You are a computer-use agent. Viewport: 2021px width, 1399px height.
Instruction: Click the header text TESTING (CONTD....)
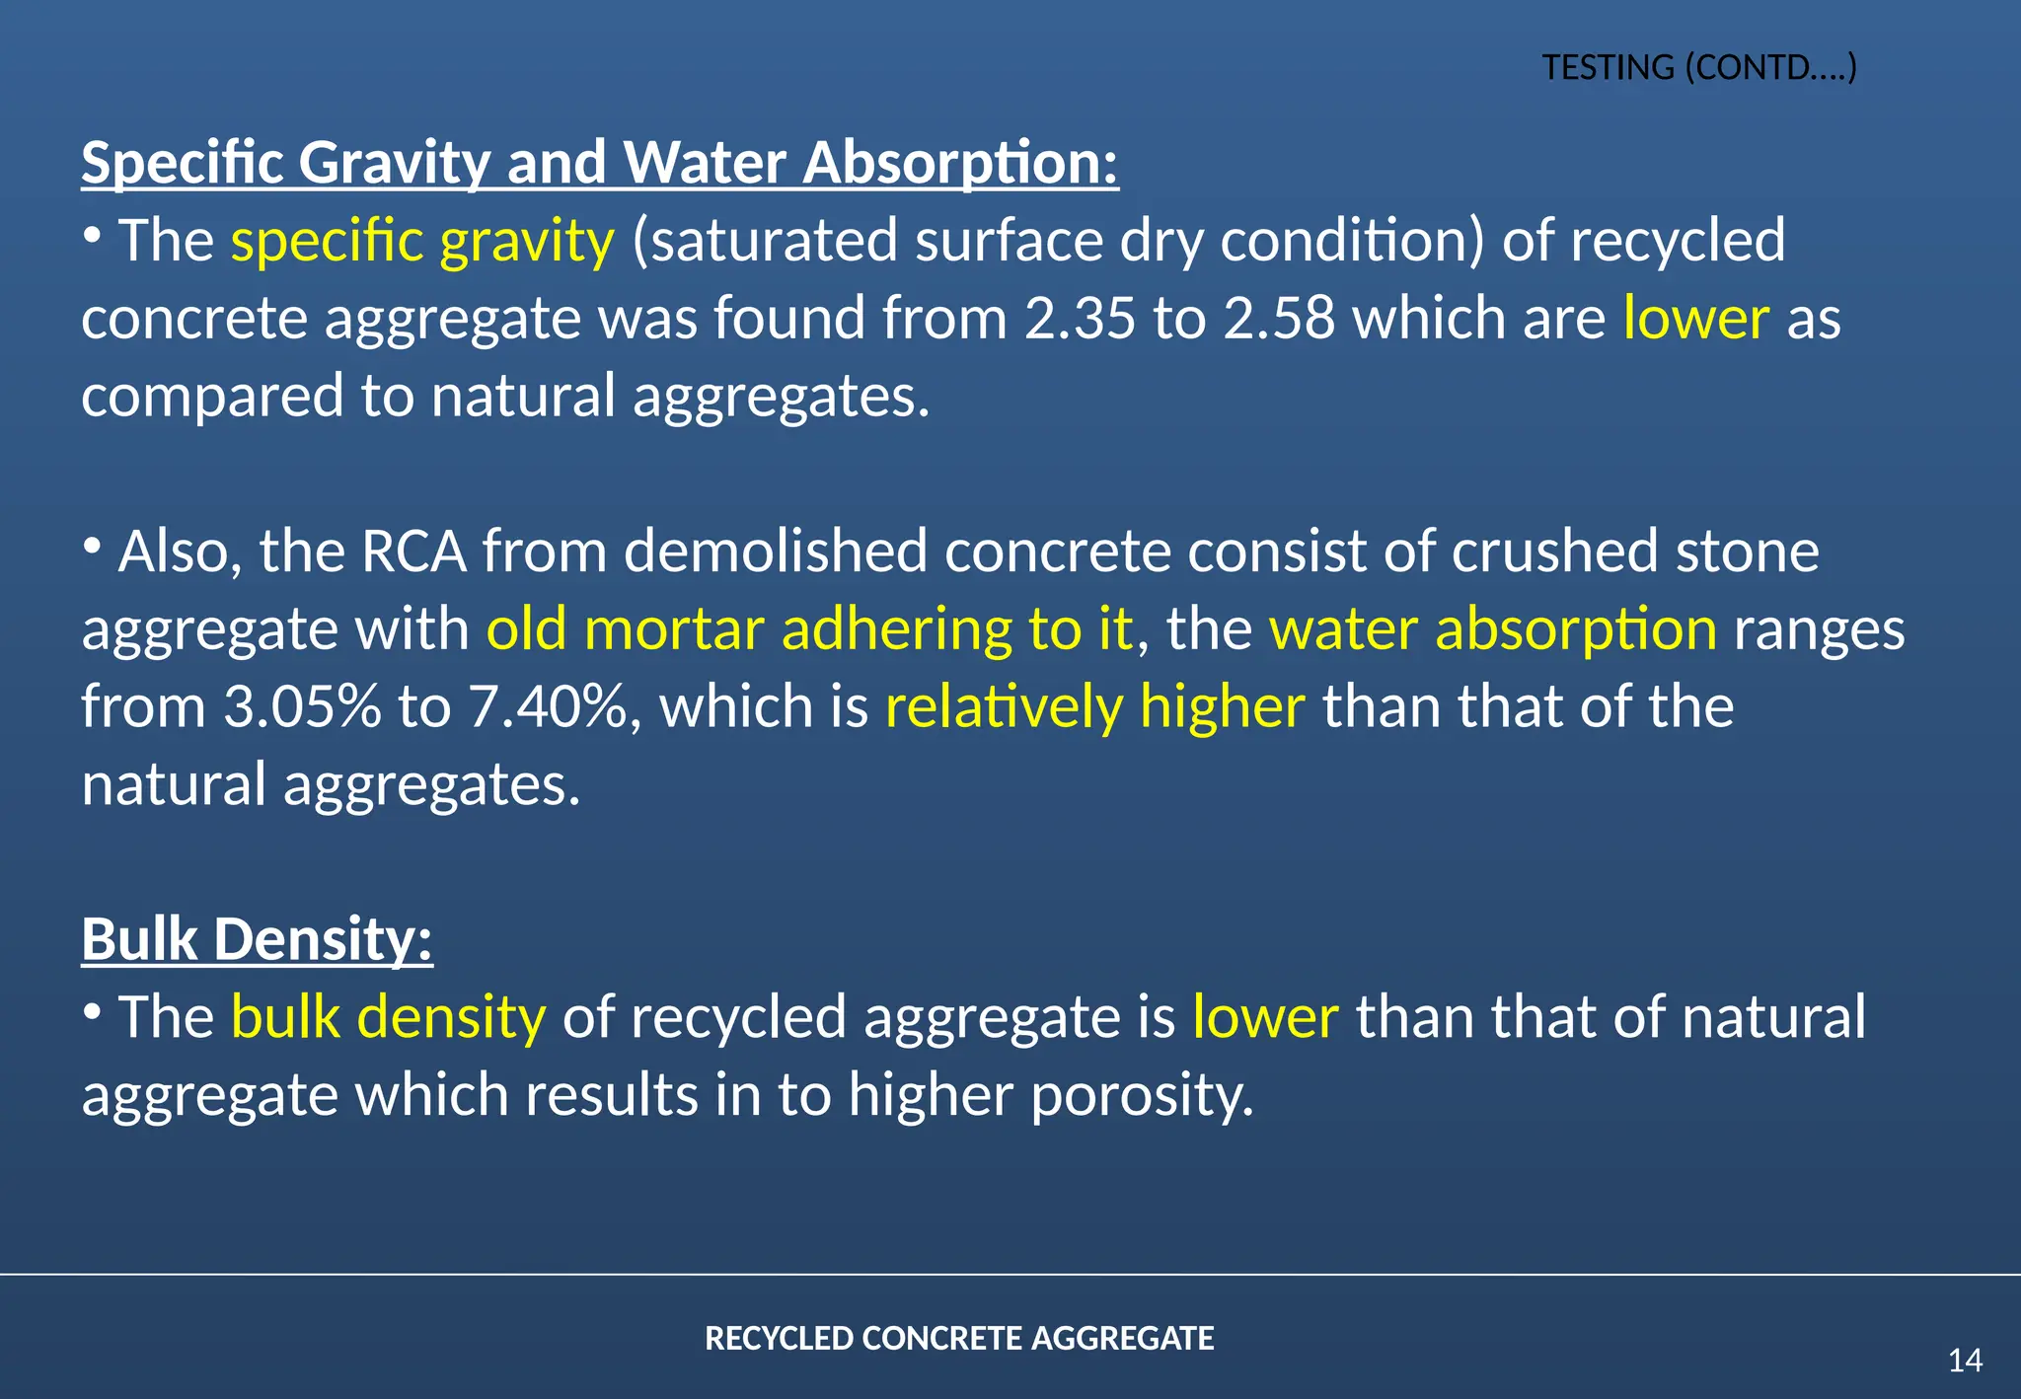click(1699, 68)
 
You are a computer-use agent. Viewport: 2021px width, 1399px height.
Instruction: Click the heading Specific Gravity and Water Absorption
click(599, 162)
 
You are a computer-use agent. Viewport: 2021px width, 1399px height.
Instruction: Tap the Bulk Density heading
click(257, 938)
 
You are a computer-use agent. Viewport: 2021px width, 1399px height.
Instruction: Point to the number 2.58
click(1279, 319)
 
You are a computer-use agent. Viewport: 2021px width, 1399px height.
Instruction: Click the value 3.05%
click(302, 707)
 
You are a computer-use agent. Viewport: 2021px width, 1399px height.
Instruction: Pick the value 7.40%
click(548, 707)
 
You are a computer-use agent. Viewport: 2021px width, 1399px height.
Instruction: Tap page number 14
click(1965, 1361)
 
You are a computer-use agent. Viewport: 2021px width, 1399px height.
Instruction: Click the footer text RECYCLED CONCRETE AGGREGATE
click(959, 1339)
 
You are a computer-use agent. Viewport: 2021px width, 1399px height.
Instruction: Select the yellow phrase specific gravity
click(422, 241)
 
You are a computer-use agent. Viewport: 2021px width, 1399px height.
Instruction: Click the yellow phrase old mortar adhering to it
click(809, 629)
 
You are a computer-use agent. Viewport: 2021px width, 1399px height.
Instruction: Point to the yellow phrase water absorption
click(1493, 629)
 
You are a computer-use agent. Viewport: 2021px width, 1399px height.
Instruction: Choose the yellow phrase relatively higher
click(1095, 707)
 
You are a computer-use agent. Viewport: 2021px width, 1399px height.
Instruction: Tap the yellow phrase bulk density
click(388, 1017)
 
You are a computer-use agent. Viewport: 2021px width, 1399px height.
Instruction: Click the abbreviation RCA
click(413, 552)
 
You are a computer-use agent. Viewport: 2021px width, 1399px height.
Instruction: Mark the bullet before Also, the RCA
click(92, 545)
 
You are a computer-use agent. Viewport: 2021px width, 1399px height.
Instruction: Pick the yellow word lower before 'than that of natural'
click(1265, 1017)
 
